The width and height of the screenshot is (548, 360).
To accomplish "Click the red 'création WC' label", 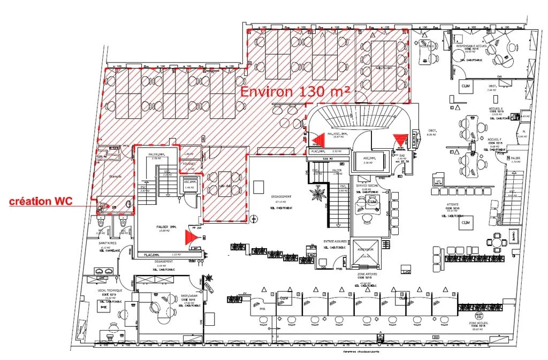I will (x=41, y=202).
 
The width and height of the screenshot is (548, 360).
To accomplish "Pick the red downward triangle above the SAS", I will (x=399, y=141).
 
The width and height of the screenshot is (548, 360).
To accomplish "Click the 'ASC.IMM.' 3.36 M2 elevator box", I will (x=366, y=160).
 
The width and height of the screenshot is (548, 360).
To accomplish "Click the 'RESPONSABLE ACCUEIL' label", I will (x=470, y=47).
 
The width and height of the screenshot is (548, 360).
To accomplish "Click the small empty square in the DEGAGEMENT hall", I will (x=259, y=187).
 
